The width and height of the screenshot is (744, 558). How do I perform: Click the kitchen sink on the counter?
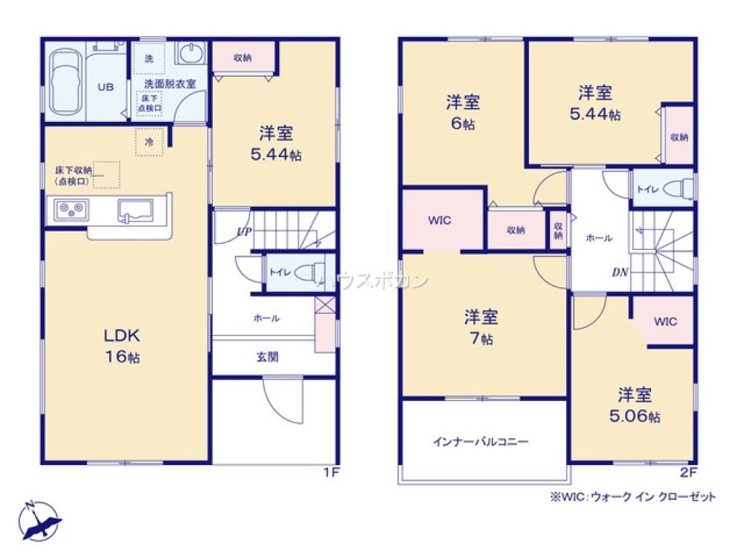click(137, 211)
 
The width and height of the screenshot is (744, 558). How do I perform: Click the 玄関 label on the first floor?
click(267, 357)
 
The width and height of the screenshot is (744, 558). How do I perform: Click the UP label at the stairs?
click(243, 231)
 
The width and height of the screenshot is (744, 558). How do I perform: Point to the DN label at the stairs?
click(619, 272)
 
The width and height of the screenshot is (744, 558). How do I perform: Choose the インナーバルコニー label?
click(481, 441)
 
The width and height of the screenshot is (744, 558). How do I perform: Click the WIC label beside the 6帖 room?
click(439, 221)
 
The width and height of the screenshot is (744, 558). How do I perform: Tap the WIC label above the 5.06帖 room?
click(665, 321)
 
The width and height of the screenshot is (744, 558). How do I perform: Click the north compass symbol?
click(37, 520)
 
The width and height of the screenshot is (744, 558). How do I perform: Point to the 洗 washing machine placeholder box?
click(148, 58)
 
